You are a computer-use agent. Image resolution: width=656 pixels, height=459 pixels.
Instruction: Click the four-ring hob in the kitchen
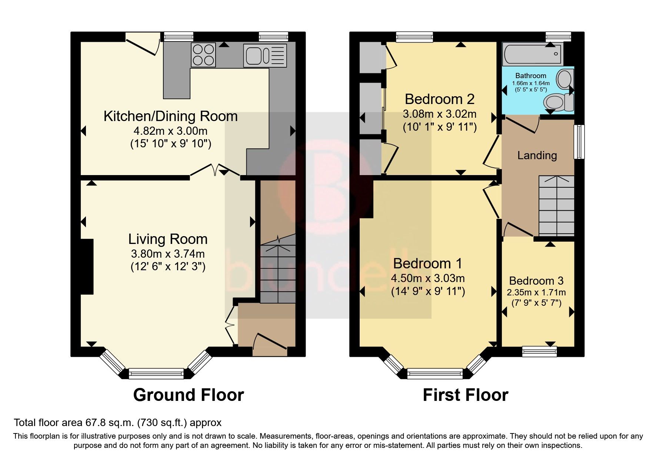point(203,55)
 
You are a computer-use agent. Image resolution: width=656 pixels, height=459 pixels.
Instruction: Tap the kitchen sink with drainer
point(265,56)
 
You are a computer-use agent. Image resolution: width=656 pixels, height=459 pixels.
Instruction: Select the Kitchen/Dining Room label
point(170,116)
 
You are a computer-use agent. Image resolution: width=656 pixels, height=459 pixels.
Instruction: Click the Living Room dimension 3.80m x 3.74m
point(168,254)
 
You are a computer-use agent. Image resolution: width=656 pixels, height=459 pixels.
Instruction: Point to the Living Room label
point(168,239)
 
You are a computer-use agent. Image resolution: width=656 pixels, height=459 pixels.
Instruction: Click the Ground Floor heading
point(189,395)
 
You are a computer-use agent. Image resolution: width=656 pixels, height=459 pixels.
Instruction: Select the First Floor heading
point(466,395)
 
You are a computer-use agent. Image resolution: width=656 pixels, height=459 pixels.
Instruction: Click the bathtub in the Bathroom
point(533,54)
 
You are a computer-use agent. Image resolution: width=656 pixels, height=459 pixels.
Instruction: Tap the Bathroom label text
point(531,76)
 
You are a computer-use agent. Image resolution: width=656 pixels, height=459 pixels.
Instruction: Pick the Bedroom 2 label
point(440,99)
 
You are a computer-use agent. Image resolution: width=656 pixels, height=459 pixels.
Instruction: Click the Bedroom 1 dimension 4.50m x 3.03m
point(428,278)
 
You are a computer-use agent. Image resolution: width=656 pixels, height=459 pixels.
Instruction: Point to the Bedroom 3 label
point(536,281)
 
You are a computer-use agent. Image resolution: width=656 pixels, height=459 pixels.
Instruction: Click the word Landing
point(537,155)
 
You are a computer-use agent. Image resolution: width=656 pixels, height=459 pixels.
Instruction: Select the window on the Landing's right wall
point(579,142)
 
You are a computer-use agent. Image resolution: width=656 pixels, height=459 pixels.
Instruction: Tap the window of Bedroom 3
point(539,351)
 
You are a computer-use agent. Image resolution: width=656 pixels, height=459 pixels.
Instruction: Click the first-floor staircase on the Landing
point(556,205)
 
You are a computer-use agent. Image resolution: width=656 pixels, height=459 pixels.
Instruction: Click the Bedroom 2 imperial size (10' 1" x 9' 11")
point(440,127)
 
